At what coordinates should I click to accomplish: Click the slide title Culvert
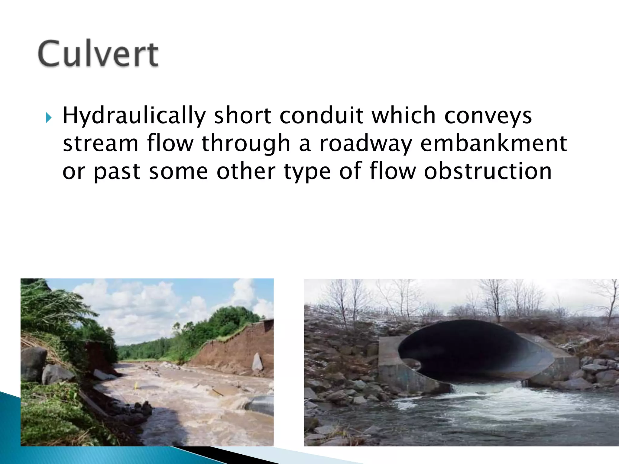(x=98, y=53)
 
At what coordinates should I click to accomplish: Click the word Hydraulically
(x=134, y=116)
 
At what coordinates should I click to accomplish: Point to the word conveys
(x=488, y=116)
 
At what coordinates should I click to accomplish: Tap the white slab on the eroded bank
(x=257, y=362)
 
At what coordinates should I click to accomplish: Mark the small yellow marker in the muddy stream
(x=136, y=385)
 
